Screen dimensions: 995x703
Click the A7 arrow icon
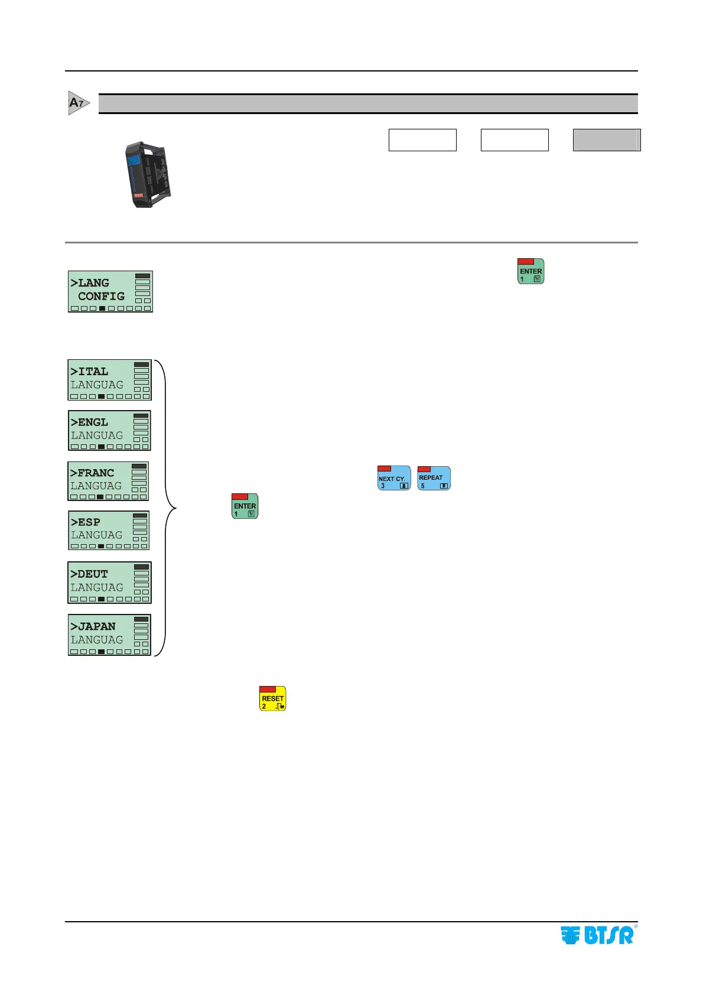tap(79, 103)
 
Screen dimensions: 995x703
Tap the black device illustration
tap(148, 174)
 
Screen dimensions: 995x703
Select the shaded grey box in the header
tap(606, 140)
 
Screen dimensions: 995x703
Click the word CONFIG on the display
tap(101, 296)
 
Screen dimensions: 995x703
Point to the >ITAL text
tap(89, 372)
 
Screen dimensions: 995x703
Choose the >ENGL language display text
tap(89, 422)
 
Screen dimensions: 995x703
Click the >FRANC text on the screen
tap(92, 473)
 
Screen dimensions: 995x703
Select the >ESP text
tap(85, 522)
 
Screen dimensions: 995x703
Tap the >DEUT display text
tap(89, 574)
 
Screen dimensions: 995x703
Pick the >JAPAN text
tap(93, 626)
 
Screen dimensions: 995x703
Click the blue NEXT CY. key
tap(394, 478)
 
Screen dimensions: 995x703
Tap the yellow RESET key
tap(273, 698)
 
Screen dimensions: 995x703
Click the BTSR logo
tap(597, 935)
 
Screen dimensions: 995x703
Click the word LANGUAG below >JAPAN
tap(97, 640)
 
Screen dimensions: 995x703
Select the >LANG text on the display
tap(90, 283)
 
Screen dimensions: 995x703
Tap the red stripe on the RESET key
tap(268, 689)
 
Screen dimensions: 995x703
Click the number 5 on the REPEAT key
tap(422, 486)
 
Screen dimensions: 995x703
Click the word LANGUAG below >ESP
tap(96, 535)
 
